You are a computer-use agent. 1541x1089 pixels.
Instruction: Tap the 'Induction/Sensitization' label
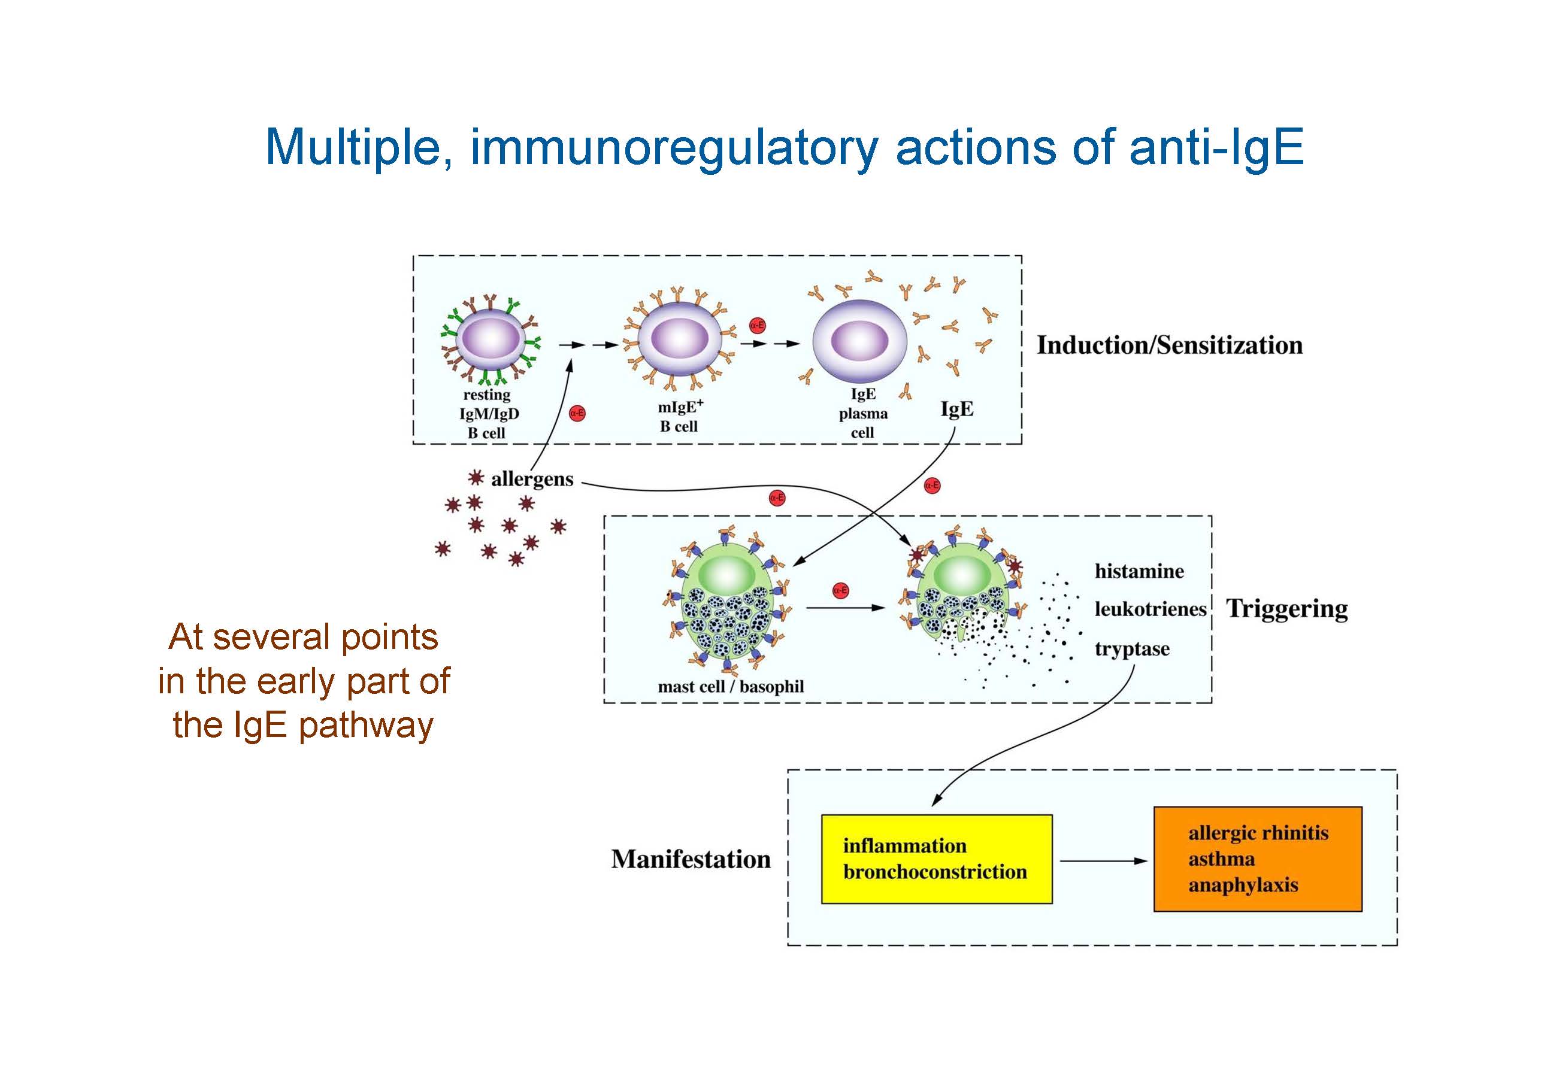pyautogui.click(x=1169, y=345)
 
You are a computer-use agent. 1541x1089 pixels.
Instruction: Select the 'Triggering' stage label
pyautogui.click(x=1286, y=609)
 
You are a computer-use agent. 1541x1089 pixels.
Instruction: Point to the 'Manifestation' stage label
pyautogui.click(x=691, y=860)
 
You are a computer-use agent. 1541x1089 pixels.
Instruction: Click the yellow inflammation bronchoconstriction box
pyautogui.click(x=936, y=859)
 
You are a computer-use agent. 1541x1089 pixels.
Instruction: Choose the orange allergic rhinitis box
pyautogui.click(x=1257, y=859)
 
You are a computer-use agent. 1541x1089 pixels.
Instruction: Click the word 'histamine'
pyautogui.click(x=1139, y=571)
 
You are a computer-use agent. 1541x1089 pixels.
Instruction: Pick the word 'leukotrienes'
pyautogui.click(x=1150, y=609)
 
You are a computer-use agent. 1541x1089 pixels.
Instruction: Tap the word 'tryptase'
pyautogui.click(x=1131, y=649)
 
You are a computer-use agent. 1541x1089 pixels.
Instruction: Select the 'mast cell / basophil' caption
pyautogui.click(x=730, y=687)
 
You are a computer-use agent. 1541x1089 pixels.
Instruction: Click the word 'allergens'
pyautogui.click(x=532, y=479)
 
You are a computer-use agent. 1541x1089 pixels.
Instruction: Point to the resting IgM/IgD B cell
pyautogui.click(x=491, y=339)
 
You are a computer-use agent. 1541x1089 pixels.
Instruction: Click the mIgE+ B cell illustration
pyautogui.click(x=679, y=339)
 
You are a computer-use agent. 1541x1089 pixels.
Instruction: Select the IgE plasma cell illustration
pyautogui.click(x=859, y=341)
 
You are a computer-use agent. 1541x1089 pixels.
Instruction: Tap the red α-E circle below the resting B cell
pyautogui.click(x=577, y=413)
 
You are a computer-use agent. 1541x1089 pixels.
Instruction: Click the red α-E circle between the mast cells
pyautogui.click(x=840, y=590)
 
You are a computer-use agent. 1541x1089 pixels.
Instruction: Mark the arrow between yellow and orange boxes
pyautogui.click(x=1102, y=861)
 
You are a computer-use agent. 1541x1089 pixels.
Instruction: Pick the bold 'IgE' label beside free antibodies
pyautogui.click(x=956, y=409)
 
